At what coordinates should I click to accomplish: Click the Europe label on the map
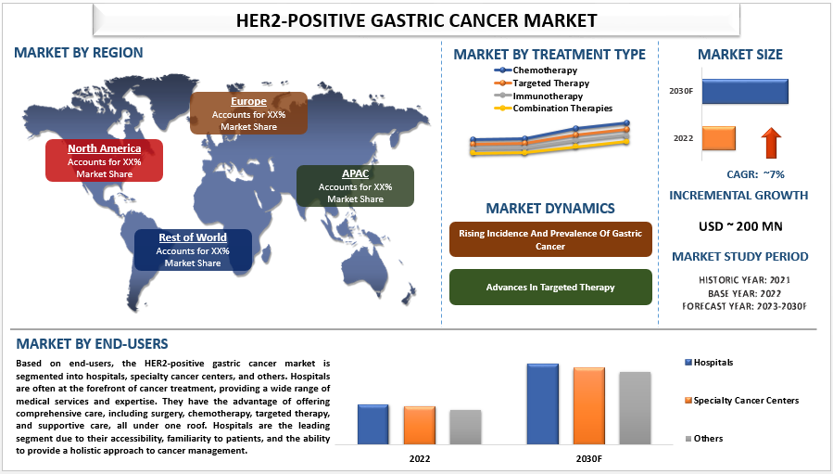coord(248,101)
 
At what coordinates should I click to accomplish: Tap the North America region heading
coord(104,148)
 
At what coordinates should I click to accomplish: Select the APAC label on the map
coord(356,173)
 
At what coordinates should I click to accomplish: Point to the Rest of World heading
coord(193,237)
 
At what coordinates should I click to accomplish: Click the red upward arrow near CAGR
coord(771,143)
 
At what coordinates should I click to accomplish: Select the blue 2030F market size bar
coord(745,92)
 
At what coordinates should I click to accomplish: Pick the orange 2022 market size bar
coord(719,138)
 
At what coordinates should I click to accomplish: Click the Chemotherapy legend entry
coord(536,70)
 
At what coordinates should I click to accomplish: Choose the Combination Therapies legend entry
coord(553,109)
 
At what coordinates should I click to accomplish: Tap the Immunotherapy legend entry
coord(538,96)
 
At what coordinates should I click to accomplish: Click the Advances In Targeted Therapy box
coord(550,288)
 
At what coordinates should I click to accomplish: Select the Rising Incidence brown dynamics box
coord(550,239)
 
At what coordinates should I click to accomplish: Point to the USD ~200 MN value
coord(740,226)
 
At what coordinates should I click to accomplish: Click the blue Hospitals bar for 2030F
coord(542,404)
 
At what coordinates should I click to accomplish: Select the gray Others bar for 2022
coord(465,428)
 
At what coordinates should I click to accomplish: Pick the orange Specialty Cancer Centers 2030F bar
coord(588,406)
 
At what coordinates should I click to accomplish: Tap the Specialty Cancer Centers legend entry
coord(741,401)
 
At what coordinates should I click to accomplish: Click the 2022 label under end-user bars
coord(420,458)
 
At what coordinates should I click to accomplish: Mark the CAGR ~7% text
coord(755,174)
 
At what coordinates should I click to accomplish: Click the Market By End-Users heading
coord(92,344)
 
